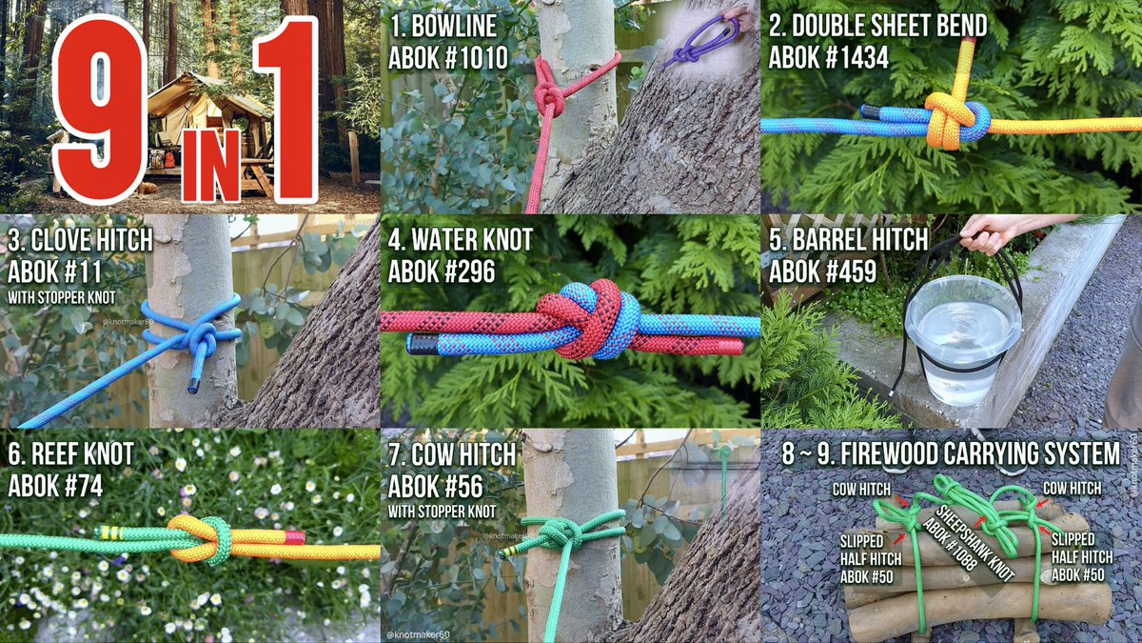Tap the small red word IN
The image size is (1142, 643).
(x=210, y=165)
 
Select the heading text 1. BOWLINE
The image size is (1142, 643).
(x=443, y=26)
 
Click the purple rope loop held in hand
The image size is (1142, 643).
(x=703, y=42)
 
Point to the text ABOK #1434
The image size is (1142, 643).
(x=829, y=57)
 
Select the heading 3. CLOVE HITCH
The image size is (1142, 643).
(x=80, y=240)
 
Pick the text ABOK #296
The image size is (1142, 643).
(x=442, y=271)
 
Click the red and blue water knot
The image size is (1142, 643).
(x=586, y=319)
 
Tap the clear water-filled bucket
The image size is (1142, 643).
(x=963, y=338)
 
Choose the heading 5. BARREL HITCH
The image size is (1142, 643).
(x=848, y=240)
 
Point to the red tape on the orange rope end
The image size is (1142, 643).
(x=295, y=537)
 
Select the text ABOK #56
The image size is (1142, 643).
(x=436, y=487)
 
